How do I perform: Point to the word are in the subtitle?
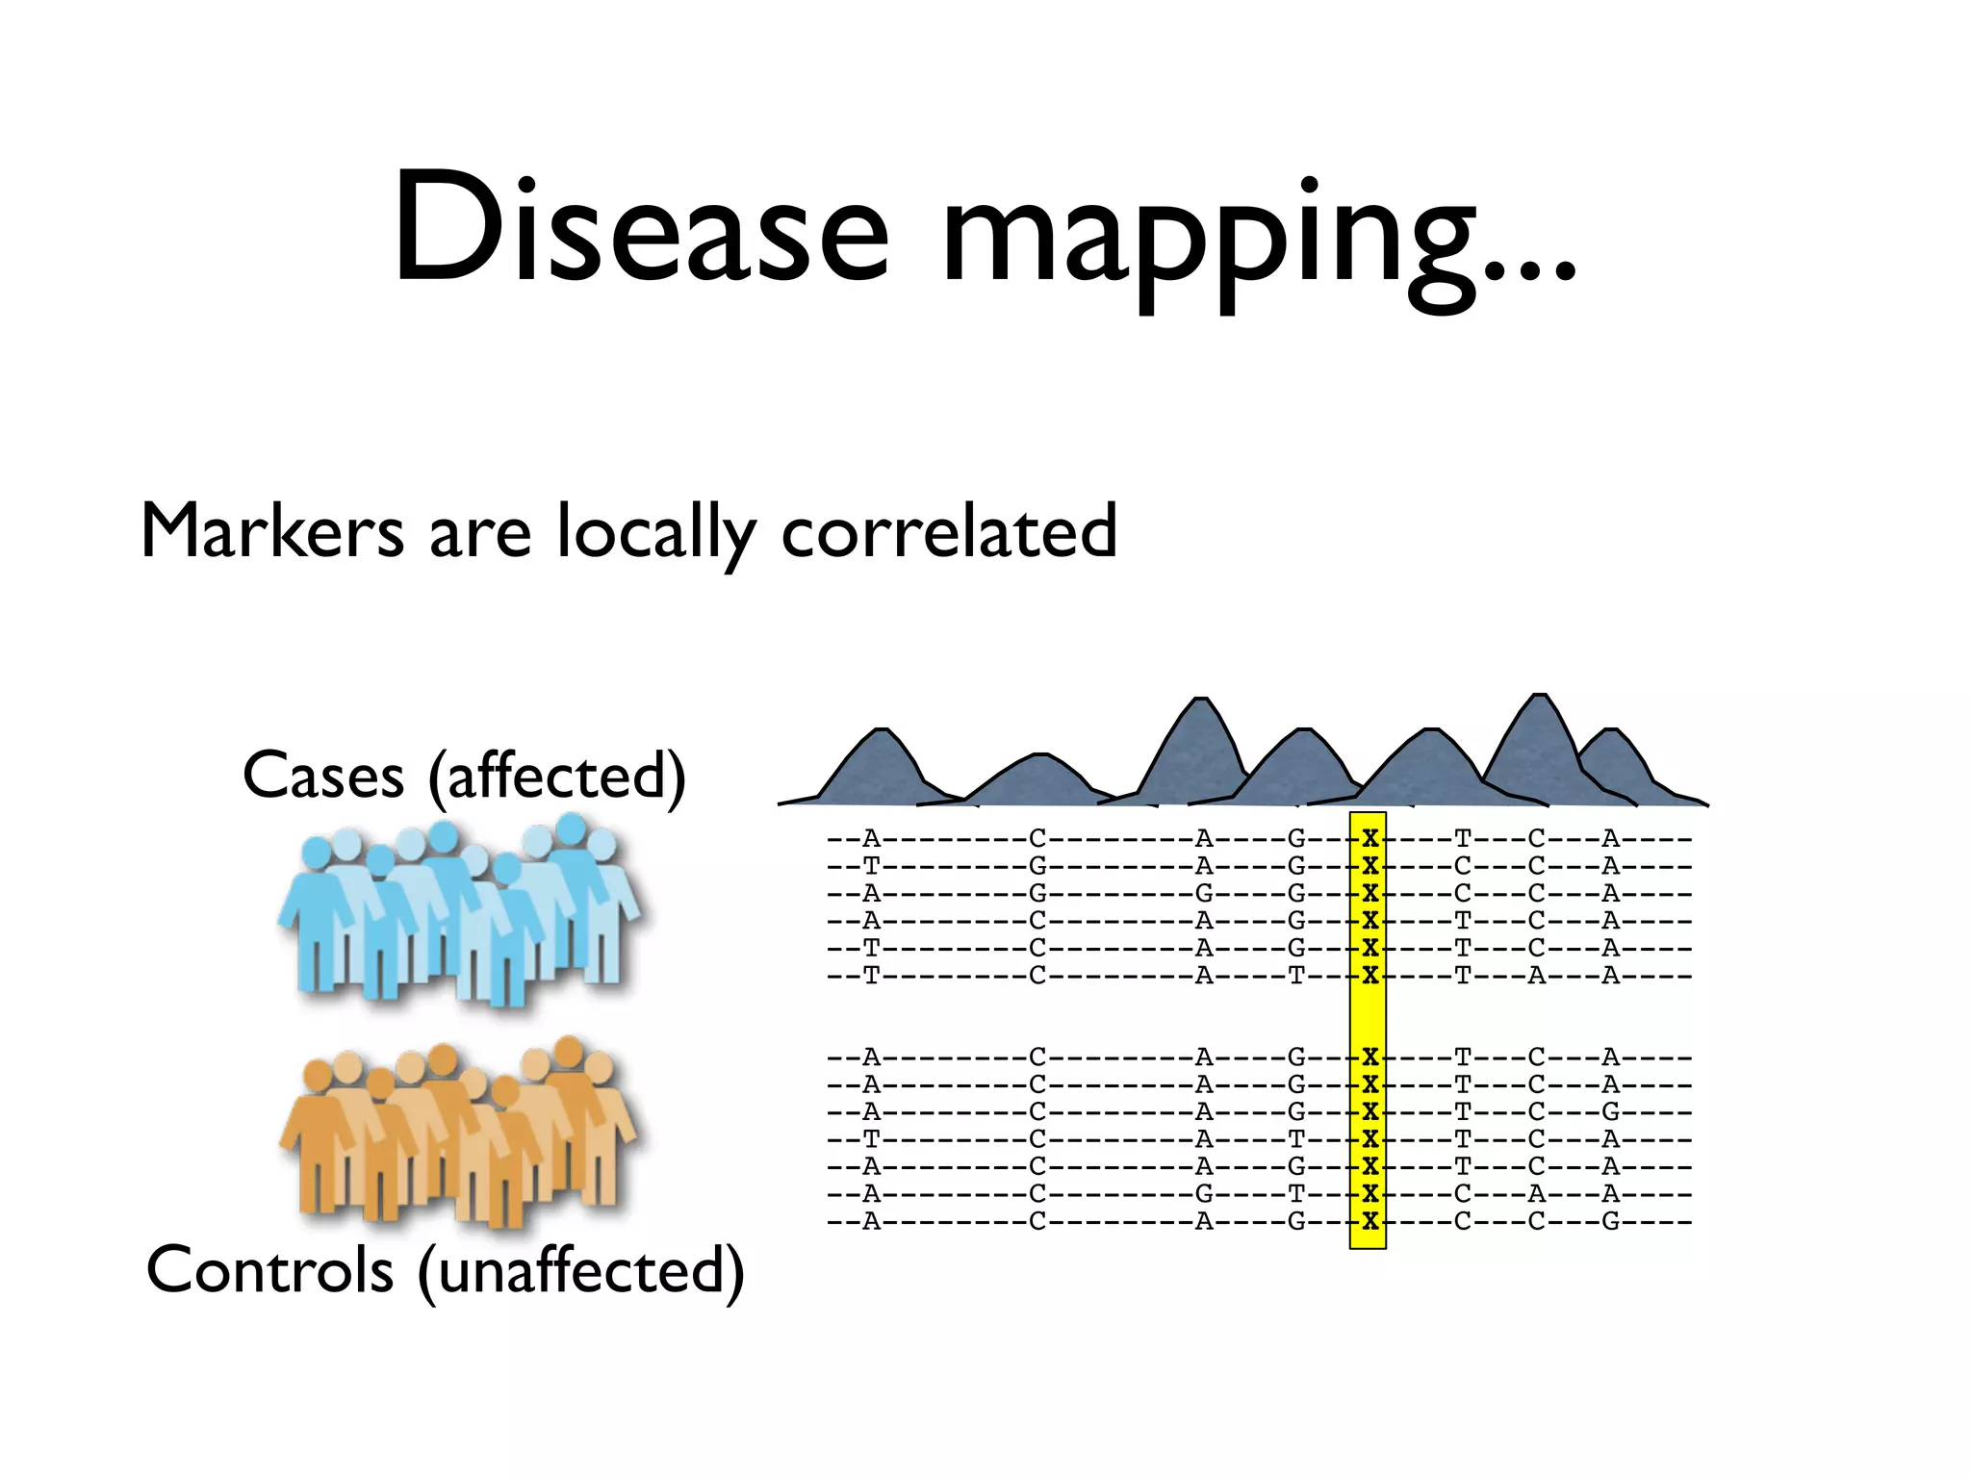479,535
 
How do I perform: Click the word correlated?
949,531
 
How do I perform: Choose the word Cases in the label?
323,776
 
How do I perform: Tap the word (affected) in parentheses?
557,776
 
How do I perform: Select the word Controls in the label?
269,1270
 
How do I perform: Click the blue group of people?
460,909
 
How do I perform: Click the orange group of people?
460,1131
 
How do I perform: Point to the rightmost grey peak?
1619,765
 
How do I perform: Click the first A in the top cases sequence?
871,838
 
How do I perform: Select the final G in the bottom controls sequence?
1610,1222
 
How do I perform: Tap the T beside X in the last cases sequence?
1296,976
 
